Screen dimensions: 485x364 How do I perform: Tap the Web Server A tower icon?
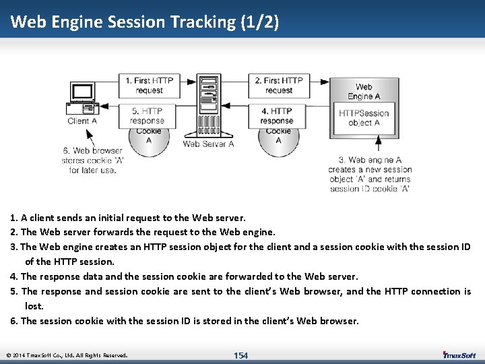tap(208, 105)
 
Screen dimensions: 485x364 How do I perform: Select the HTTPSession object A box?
tap(364, 118)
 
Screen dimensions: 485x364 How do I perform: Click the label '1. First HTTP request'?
tap(149, 85)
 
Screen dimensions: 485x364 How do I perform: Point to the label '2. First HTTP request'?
tap(278, 85)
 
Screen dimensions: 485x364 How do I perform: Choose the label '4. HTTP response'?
tap(277, 116)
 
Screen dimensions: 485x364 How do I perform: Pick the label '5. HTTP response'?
tap(148, 116)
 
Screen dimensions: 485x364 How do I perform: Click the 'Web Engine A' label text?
tap(364, 91)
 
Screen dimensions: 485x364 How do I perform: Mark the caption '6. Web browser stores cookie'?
tap(93, 160)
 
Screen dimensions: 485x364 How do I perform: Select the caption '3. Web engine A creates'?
tap(370, 175)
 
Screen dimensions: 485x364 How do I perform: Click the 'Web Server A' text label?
tap(208, 144)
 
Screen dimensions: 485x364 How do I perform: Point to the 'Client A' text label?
tap(82, 121)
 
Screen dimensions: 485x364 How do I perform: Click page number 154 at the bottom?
tap(240, 355)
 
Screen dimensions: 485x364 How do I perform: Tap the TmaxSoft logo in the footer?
tap(459, 355)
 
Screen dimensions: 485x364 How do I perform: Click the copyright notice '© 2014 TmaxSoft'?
tap(66, 355)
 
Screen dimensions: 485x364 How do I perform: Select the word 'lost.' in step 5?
tap(34, 306)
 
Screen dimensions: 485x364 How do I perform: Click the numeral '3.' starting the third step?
tap(14, 247)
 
